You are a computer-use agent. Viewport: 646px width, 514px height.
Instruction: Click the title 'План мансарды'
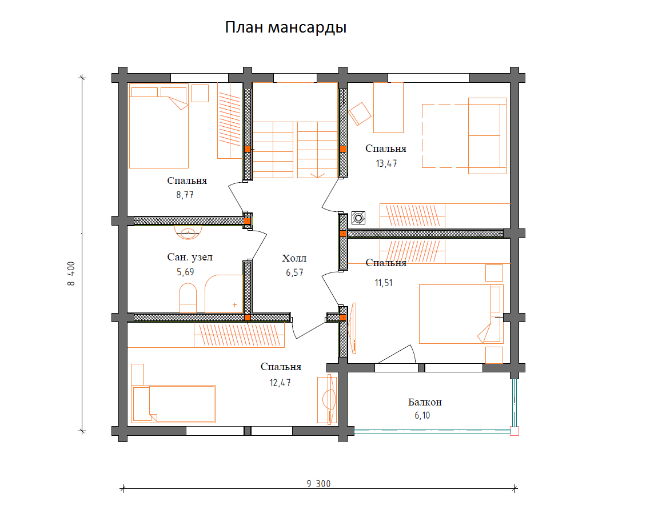(285, 27)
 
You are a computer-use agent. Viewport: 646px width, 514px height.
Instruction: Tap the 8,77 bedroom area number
(185, 195)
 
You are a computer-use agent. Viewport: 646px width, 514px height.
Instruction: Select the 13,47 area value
(386, 163)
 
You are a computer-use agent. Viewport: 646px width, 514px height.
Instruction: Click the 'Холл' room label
(294, 259)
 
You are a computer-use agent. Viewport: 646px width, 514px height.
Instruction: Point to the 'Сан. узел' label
(190, 257)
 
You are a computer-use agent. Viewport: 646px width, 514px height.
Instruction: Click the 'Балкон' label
(425, 402)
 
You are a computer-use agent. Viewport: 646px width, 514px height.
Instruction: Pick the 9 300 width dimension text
(318, 484)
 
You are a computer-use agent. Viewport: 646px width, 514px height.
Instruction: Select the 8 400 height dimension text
(71, 274)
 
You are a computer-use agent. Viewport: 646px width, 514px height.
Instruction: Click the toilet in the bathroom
(188, 298)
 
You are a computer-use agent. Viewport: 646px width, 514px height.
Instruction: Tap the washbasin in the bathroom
(188, 232)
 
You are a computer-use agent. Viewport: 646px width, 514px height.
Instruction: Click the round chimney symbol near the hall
(358, 218)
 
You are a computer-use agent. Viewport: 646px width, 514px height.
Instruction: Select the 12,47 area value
(280, 383)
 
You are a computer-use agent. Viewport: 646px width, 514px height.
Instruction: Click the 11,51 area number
(384, 283)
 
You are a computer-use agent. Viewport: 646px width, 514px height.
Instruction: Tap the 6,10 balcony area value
(422, 416)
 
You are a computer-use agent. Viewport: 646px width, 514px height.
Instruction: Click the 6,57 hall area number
(294, 272)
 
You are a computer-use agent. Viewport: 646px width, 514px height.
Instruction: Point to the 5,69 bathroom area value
(185, 272)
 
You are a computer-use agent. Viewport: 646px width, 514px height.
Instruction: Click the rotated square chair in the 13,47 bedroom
(360, 114)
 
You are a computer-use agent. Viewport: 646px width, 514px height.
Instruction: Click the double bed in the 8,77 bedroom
(158, 126)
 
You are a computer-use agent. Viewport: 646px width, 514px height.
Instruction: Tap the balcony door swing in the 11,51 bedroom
(397, 354)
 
